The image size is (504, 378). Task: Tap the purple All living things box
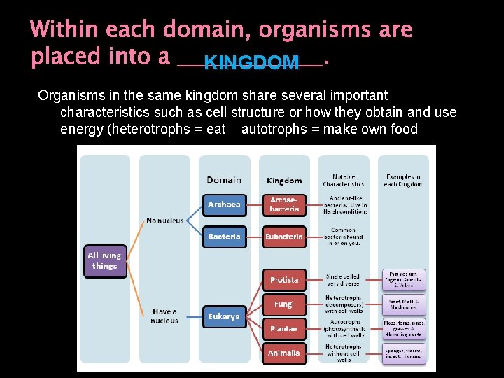[105, 261]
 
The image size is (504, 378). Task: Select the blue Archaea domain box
[224, 204]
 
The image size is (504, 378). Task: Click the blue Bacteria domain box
[224, 237]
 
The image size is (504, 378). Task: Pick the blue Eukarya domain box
[224, 316]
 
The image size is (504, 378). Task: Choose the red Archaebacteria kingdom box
[284, 204]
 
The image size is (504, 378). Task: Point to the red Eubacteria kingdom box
[284, 237]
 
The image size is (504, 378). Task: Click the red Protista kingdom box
[284, 280]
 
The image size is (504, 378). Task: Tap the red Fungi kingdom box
[284, 304]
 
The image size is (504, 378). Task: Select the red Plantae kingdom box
[284, 328]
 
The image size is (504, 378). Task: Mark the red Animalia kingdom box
[284, 353]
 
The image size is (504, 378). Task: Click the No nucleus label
[165, 220]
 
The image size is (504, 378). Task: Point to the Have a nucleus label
[164, 316]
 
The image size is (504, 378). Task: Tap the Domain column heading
[224, 180]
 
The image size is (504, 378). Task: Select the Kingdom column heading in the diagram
[284, 181]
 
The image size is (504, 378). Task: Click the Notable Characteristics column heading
[344, 180]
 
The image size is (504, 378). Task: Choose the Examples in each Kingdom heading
[403, 180]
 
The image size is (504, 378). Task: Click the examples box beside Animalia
[403, 353]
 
